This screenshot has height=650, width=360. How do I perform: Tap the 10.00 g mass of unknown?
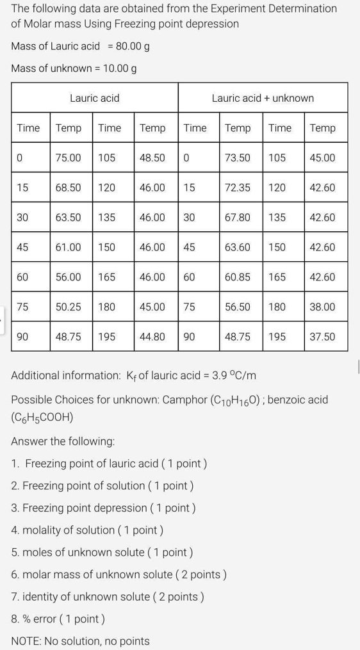(x=116, y=69)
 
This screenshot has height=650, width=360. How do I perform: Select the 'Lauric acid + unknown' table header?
(x=263, y=98)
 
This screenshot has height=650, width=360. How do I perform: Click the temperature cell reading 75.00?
(x=68, y=158)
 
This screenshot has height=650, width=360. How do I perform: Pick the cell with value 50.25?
(x=68, y=307)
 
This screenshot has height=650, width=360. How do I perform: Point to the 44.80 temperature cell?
(x=152, y=336)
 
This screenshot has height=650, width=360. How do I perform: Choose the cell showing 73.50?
(x=238, y=158)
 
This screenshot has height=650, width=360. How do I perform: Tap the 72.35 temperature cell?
(x=238, y=188)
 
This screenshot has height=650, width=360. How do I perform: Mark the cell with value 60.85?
(x=238, y=277)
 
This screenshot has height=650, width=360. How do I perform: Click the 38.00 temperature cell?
(x=322, y=307)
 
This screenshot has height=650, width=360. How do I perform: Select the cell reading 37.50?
(x=322, y=336)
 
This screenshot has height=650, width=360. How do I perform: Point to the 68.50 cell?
(x=68, y=188)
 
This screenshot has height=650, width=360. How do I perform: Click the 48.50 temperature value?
(x=152, y=158)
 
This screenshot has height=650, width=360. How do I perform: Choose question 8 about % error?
(x=58, y=619)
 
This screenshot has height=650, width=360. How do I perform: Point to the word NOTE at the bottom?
(x=27, y=640)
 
